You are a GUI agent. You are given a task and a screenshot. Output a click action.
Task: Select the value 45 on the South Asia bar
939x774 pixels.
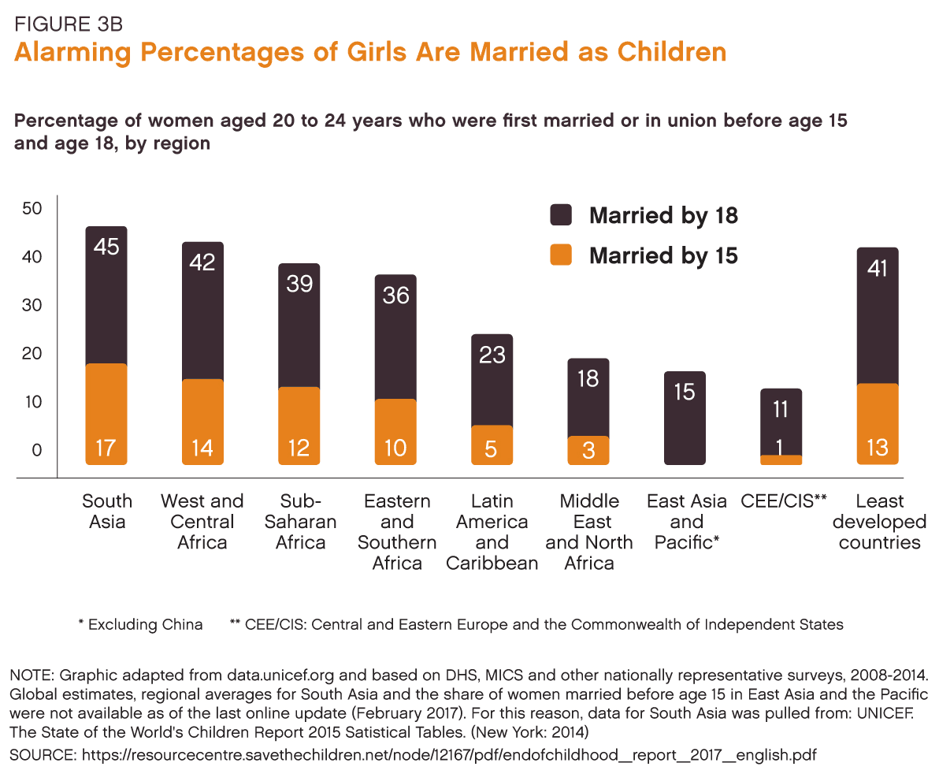pos(106,247)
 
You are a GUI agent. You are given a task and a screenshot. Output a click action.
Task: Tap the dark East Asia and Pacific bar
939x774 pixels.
pos(685,418)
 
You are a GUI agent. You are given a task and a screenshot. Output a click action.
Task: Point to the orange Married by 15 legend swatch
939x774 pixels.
pos(561,255)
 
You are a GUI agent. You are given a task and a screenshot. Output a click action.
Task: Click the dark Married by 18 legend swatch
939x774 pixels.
pos(561,215)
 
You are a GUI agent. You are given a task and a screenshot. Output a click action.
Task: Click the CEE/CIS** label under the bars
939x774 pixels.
pos(783,501)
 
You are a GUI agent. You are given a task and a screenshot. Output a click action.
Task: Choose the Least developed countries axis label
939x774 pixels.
pos(879,522)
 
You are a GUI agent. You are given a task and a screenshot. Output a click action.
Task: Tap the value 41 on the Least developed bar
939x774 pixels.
pos(878,269)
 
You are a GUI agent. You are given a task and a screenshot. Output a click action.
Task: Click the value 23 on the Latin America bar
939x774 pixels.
pos(492,355)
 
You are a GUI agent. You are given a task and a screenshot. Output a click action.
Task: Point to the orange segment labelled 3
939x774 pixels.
pos(588,450)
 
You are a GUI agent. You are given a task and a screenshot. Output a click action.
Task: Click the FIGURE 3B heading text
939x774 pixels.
pos(69,24)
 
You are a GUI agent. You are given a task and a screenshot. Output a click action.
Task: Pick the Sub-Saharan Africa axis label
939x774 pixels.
pos(300,522)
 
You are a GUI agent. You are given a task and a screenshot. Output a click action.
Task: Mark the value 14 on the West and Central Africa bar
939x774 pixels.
pos(202,448)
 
